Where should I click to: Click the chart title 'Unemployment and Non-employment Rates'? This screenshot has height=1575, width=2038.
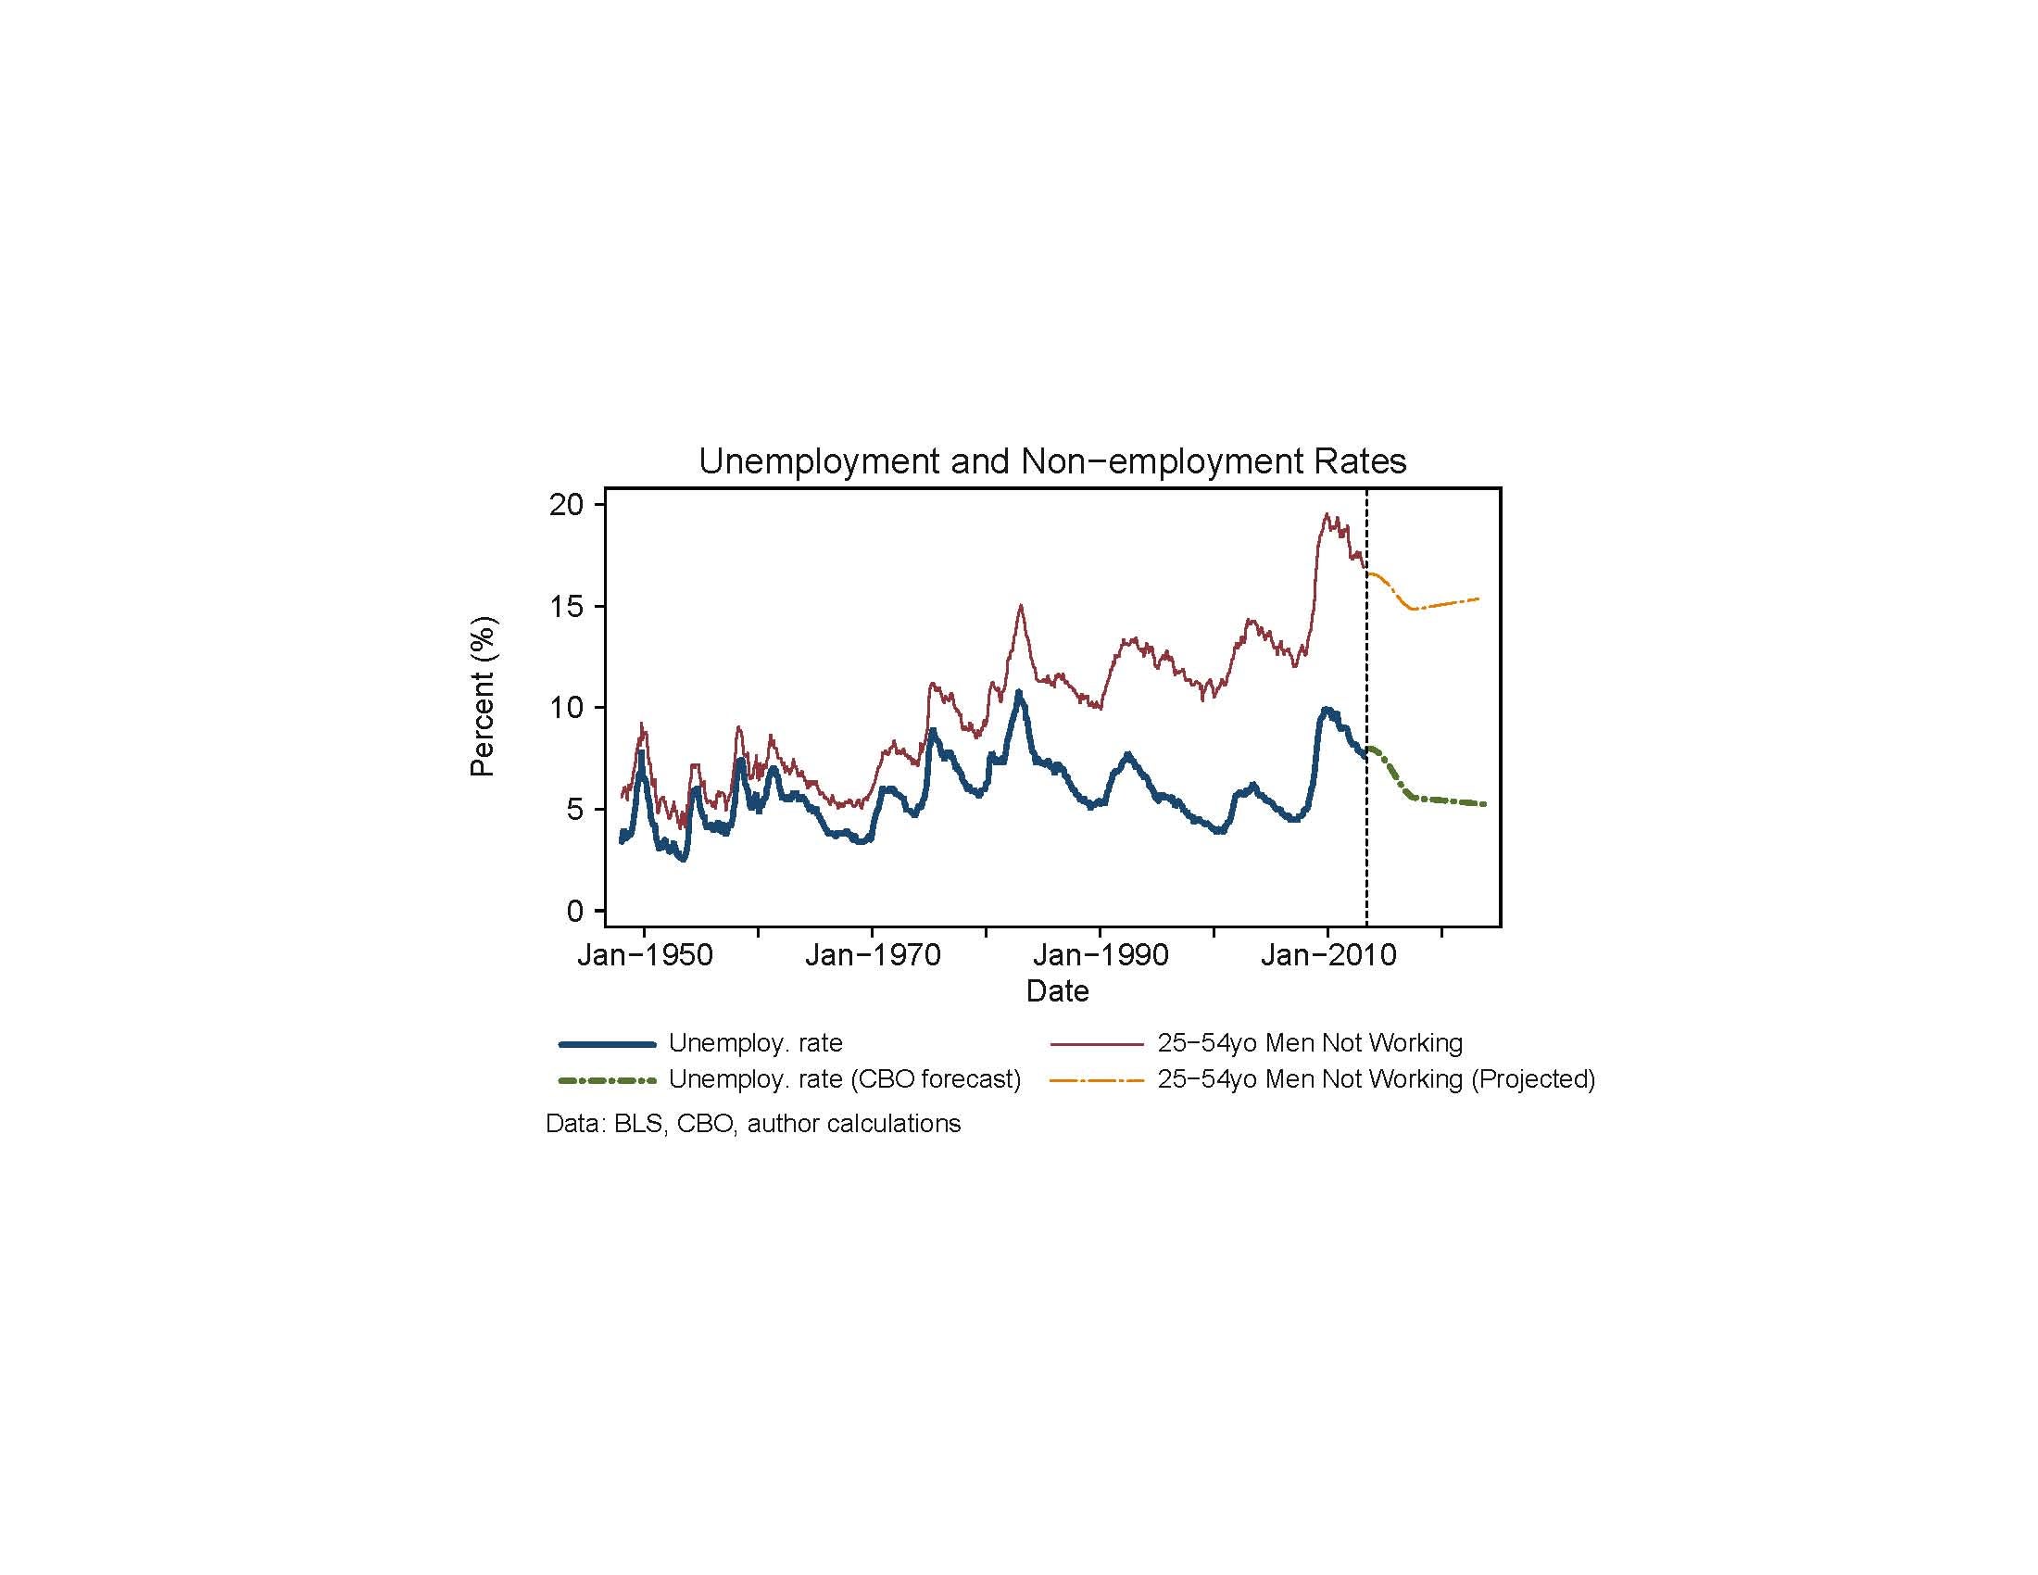click(x=1051, y=461)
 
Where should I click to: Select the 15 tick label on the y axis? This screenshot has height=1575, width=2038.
click(x=565, y=607)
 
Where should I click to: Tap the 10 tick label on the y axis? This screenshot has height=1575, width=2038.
click(x=565, y=707)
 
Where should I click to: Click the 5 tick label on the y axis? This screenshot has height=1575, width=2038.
click(x=575, y=809)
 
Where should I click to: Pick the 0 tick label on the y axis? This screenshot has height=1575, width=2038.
click(x=575, y=911)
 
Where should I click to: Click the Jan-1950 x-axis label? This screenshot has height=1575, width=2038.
click(x=645, y=954)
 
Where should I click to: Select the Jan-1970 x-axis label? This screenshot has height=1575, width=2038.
click(x=873, y=954)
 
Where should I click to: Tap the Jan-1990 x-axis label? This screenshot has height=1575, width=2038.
click(x=1101, y=954)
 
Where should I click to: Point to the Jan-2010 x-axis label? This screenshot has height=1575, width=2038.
click(x=1327, y=954)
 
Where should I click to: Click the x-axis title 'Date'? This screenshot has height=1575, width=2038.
click(x=1057, y=990)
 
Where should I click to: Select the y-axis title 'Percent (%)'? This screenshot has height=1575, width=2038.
click(x=483, y=696)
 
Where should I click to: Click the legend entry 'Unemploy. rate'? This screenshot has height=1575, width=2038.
click(x=755, y=1042)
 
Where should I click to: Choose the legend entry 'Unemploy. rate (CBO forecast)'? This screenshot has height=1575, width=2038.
click(x=845, y=1078)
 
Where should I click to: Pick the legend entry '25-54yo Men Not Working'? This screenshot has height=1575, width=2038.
click(x=1309, y=1042)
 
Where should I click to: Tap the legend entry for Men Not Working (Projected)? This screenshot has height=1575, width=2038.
click(x=1376, y=1078)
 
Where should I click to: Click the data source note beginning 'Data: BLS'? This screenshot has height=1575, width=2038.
click(x=753, y=1123)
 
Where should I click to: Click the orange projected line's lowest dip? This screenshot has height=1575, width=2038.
click(x=1415, y=609)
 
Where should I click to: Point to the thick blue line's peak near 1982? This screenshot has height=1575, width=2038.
click(x=1019, y=693)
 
